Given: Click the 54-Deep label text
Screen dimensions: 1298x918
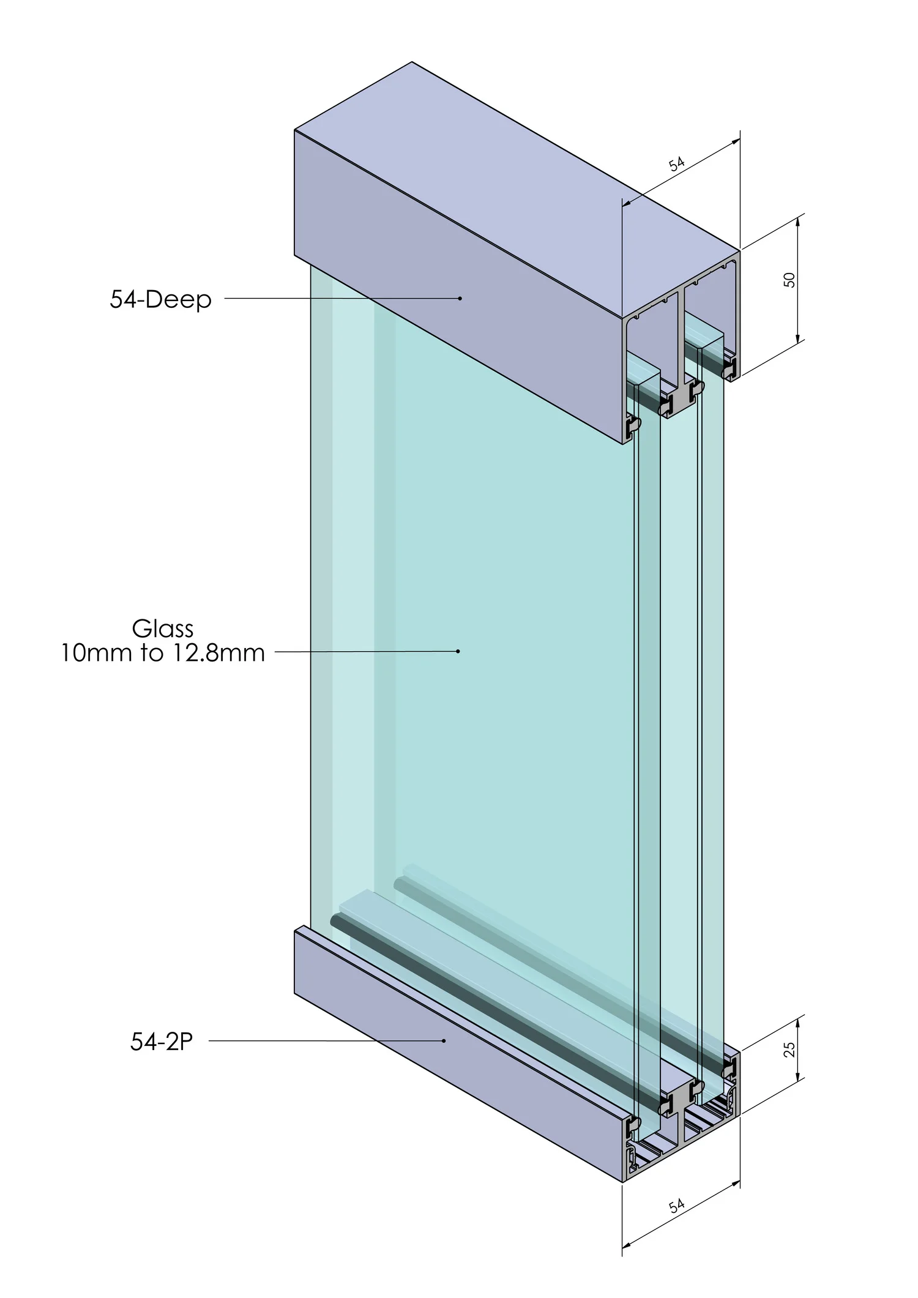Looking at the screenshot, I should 160,299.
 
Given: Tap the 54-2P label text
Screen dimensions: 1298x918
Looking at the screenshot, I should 162,1042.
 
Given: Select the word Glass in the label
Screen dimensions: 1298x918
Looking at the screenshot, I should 163,628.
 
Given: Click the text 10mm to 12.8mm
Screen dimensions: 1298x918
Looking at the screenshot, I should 163,653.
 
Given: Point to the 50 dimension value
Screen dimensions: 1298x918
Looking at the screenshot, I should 789,280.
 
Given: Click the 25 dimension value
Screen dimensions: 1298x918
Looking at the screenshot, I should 789,1049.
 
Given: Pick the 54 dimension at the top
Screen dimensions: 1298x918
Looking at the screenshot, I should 676,164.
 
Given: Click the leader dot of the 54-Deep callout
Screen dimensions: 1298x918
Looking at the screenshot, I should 460,299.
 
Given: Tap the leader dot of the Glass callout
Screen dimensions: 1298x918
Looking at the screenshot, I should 458,651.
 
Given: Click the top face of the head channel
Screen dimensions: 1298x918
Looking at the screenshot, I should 514,184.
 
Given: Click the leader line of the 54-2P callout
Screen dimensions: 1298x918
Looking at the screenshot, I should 324,1040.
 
